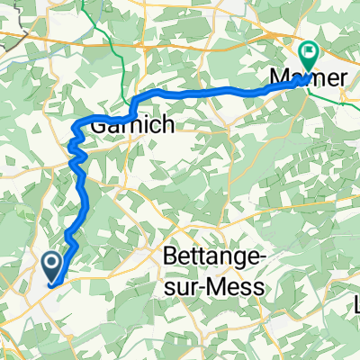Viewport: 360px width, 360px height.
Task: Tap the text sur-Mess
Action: click(x=215, y=286)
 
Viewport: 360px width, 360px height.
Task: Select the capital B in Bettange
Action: click(x=170, y=257)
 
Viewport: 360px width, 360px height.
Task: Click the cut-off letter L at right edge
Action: click(x=355, y=306)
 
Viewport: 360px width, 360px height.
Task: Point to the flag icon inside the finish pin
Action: click(x=310, y=52)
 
